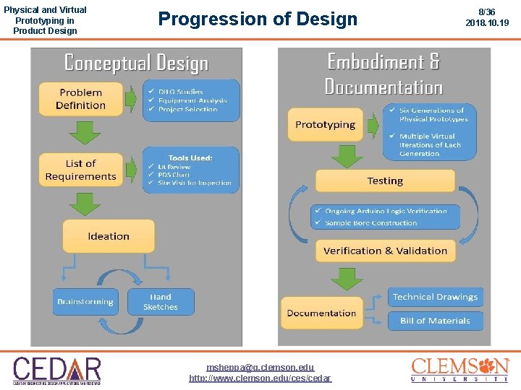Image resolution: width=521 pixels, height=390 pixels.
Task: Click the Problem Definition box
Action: pos(81,99)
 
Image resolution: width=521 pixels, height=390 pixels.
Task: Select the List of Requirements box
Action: pos(80,170)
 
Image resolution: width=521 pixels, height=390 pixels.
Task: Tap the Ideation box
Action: pos(109,236)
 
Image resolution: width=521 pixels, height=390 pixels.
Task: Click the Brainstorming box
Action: pos(85,301)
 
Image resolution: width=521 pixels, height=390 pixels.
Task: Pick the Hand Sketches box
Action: pos(161,301)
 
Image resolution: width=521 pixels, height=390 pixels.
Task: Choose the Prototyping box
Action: pos(325,125)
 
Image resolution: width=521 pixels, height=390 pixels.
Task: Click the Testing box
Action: pos(385,181)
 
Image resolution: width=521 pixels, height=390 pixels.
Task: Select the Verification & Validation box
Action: pos(385,251)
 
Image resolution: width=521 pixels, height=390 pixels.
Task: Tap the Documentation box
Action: pos(321,313)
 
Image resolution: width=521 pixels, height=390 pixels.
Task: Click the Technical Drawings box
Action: pos(435,297)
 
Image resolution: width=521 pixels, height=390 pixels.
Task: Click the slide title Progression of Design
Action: pos(258,19)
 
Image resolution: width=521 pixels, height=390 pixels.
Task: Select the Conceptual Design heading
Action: pos(136,63)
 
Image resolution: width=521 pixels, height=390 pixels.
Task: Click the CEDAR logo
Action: pos(57,369)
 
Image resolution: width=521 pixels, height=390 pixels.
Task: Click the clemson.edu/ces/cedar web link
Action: pos(260,378)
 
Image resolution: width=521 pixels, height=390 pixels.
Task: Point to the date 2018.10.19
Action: pos(487,23)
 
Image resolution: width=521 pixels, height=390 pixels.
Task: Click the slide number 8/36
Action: pos(487,12)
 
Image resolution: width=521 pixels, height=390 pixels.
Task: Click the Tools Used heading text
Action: pos(190,157)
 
